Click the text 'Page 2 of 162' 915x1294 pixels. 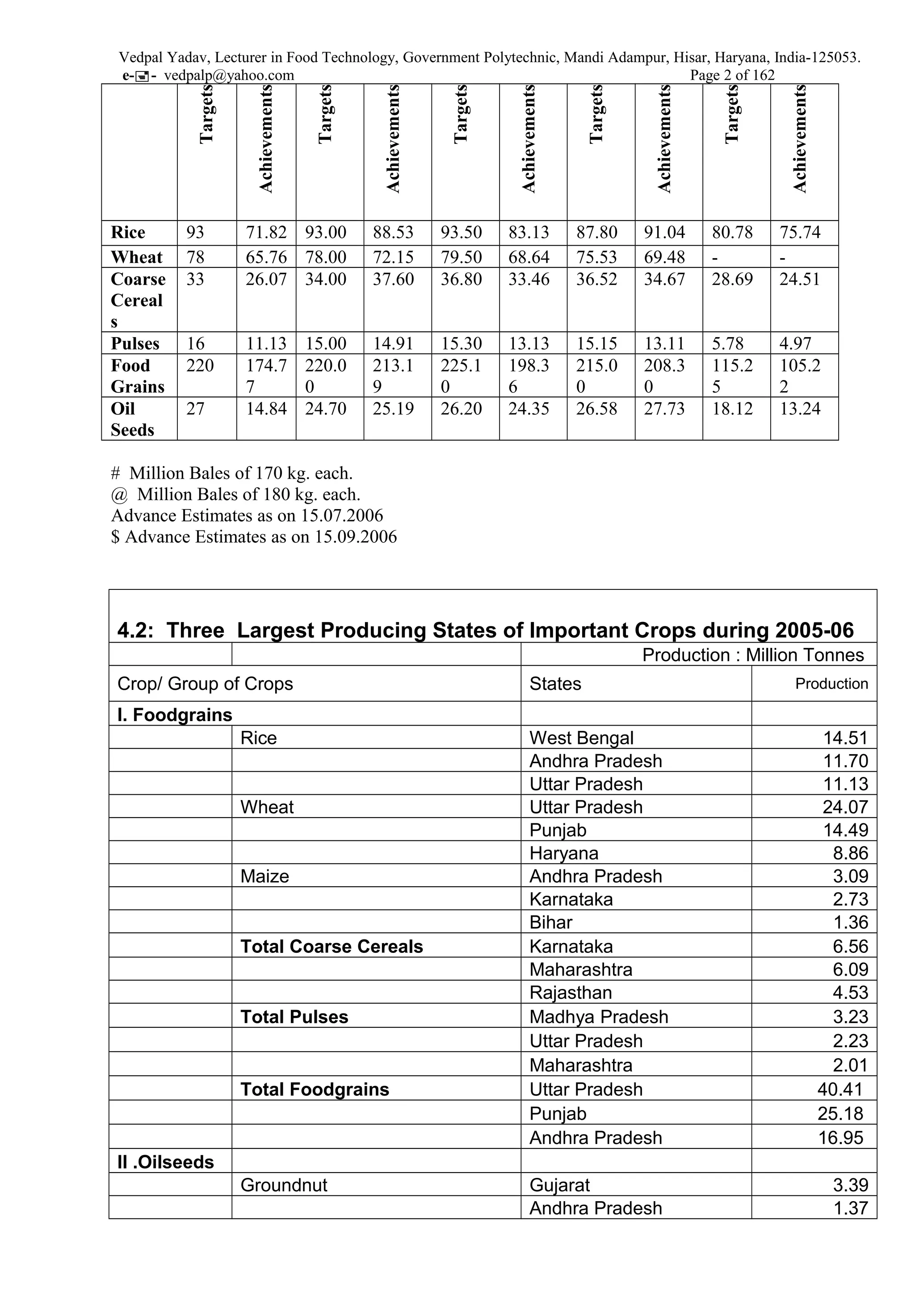[x=732, y=75]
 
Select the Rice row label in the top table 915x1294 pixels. [x=128, y=232]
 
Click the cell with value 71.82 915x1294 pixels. [x=266, y=232]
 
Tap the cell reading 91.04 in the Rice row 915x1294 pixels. [x=664, y=232]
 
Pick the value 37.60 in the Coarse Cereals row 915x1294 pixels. [x=393, y=279]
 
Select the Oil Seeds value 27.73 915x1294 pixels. [x=664, y=409]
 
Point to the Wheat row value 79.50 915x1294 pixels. [x=461, y=257]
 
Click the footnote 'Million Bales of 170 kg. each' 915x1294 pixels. [x=241, y=473]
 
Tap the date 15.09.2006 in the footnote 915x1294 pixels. [x=355, y=537]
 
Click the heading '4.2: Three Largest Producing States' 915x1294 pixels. [x=485, y=630]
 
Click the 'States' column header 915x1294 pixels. [x=555, y=684]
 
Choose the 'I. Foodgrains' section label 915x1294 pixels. [x=174, y=714]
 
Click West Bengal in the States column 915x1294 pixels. [x=581, y=738]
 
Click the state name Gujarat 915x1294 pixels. [x=559, y=1185]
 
